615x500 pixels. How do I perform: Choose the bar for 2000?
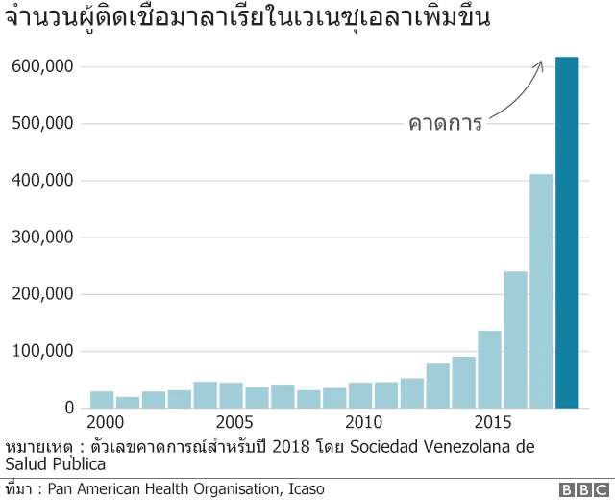102,399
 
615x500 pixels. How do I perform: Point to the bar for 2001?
128,402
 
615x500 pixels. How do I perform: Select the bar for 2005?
231,395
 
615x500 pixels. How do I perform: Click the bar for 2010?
360,395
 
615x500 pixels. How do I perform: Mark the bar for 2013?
438,386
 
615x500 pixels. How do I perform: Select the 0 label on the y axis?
69,408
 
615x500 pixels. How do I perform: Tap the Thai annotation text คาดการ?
445,123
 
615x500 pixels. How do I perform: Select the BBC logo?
577,489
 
